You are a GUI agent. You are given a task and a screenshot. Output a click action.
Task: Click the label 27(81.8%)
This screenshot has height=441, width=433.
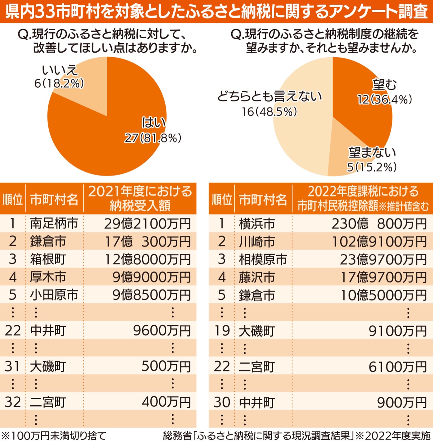tap(153, 138)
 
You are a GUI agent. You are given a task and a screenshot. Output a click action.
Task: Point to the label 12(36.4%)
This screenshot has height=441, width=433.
tap(385, 100)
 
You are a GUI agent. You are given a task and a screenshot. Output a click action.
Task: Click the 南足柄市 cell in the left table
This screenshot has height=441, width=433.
tap(54, 224)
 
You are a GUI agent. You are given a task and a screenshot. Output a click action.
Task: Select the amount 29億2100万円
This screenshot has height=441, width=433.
tap(147, 224)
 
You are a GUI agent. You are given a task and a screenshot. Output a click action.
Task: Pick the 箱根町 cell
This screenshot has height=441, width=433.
tap(48, 259)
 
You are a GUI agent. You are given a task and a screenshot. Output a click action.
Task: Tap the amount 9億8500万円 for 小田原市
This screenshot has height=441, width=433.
tap(152, 295)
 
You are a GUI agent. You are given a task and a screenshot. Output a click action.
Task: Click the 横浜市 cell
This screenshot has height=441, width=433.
tap(257, 224)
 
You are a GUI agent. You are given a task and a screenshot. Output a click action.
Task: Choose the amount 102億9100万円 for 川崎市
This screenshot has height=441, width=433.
tap(379, 242)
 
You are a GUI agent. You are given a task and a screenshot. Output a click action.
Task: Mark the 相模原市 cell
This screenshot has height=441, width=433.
tap(263, 259)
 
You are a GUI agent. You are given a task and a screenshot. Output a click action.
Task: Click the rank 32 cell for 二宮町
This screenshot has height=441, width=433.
tap(13, 402)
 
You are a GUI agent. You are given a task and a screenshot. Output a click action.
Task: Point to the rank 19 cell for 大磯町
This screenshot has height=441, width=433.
tap(222, 331)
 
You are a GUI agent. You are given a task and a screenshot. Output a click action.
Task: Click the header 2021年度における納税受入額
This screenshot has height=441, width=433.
tap(140, 198)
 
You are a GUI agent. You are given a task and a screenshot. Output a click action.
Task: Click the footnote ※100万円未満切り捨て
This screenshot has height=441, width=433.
tap(54, 435)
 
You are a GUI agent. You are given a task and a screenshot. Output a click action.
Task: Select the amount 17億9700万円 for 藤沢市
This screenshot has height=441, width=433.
tap(384, 277)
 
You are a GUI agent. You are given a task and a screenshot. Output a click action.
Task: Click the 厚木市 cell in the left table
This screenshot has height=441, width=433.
tap(48, 277)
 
